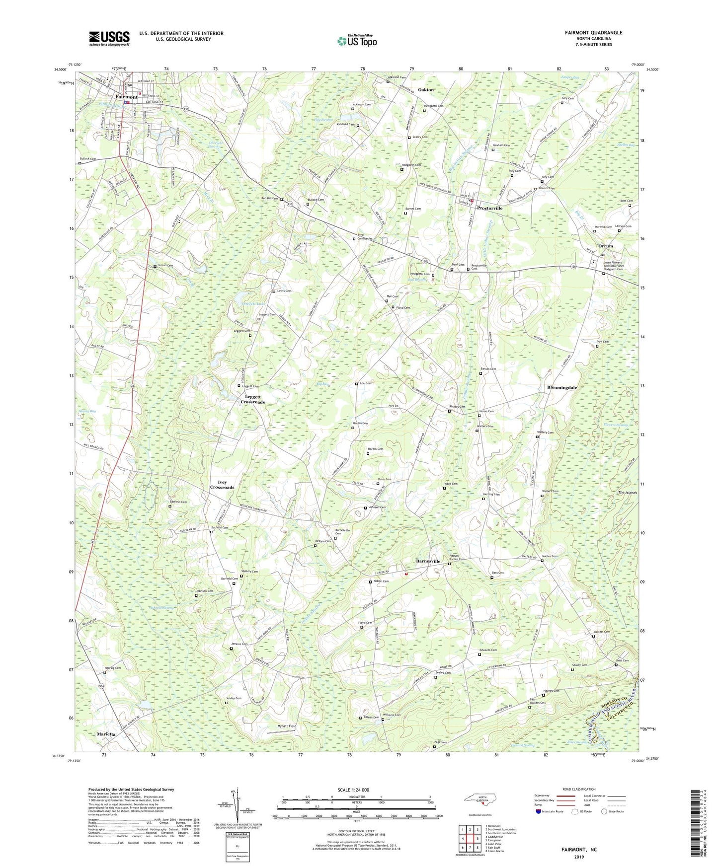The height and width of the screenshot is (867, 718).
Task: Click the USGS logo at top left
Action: click(x=109, y=38)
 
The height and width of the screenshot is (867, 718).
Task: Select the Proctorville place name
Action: click(x=489, y=208)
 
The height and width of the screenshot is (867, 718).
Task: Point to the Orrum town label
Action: click(x=605, y=246)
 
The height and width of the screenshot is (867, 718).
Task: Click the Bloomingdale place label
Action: click(x=561, y=387)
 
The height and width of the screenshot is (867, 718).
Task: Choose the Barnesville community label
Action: click(x=428, y=561)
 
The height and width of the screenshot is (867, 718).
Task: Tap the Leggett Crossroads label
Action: click(x=253, y=399)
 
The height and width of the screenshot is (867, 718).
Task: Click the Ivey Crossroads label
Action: click(x=222, y=485)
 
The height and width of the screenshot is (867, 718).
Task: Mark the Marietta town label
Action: click(x=107, y=734)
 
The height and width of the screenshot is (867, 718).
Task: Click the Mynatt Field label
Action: click(x=286, y=726)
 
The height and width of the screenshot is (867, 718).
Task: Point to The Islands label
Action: click(x=627, y=493)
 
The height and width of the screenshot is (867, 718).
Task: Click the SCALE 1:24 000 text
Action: click(x=353, y=790)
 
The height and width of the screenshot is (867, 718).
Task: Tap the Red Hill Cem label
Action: click(x=269, y=198)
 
